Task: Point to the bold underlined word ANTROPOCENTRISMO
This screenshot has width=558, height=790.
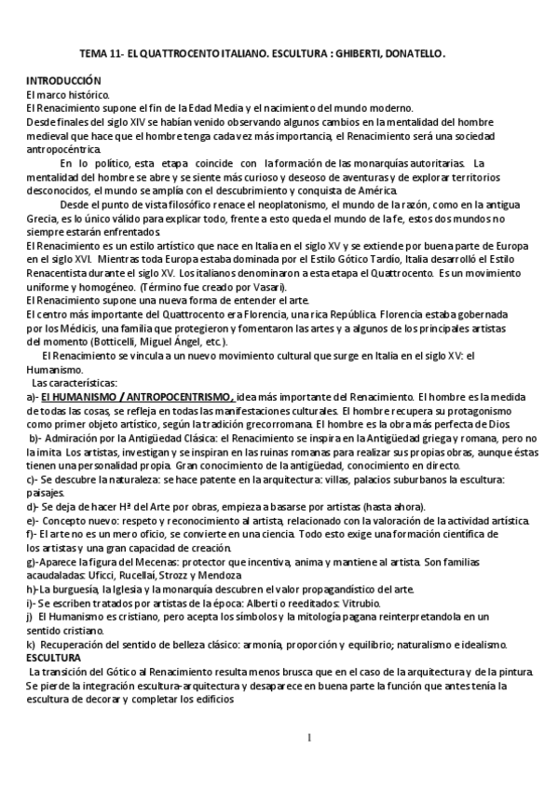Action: pos(178,395)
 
